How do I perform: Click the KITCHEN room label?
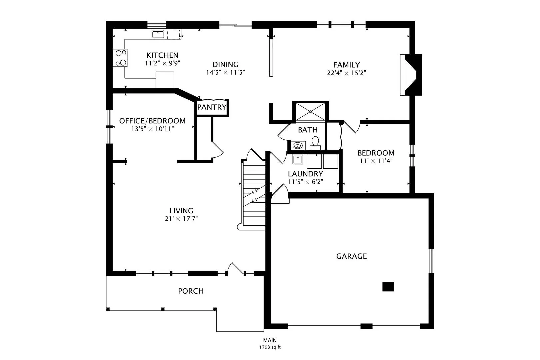162,55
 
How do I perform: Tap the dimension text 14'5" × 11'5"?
225,72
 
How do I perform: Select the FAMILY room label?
346,65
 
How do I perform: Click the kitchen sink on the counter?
158,34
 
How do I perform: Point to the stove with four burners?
120,58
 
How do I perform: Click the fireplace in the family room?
411,75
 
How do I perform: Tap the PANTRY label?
212,107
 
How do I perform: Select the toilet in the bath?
315,143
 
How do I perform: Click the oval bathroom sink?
298,146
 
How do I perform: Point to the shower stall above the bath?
311,112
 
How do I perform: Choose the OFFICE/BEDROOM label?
152,121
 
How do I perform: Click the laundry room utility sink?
298,160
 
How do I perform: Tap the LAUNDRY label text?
305,174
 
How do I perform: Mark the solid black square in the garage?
388,287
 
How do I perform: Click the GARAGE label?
351,256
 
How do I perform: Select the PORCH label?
191,291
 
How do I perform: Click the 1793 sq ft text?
270,347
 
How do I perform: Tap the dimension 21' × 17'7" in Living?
181,219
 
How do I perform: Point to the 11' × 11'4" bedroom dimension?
376,161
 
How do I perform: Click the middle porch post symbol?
163,309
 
